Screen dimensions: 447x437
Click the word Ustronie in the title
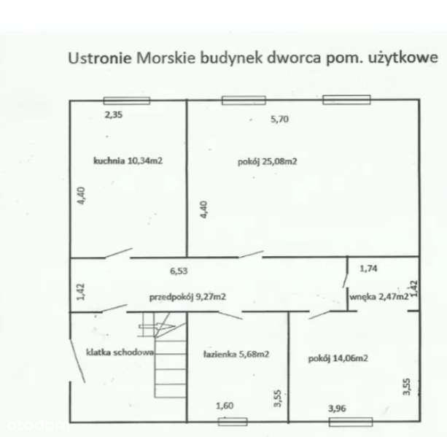coord(99,58)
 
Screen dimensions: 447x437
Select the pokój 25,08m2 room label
coord(266,162)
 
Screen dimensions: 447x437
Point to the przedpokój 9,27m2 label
coord(187,297)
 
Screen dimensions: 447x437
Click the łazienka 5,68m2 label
coord(236,355)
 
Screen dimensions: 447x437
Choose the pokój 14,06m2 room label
coord(337,358)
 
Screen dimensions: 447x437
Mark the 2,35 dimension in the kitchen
coord(113,115)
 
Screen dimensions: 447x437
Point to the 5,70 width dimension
coord(280,121)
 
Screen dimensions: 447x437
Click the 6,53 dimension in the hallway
coord(179,270)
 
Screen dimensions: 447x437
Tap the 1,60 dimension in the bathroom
coord(225,406)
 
